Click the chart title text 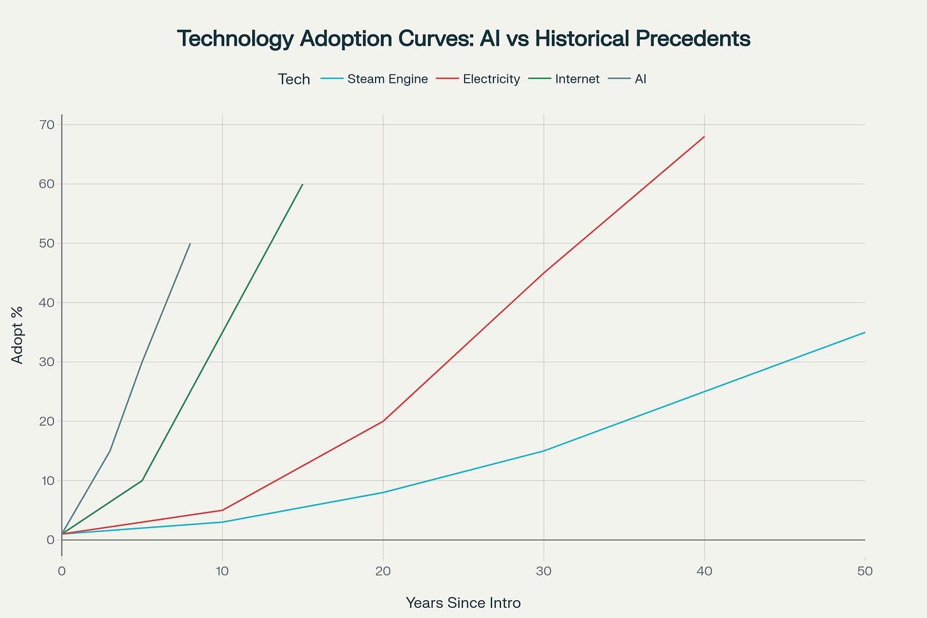(463, 39)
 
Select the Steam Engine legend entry (387, 80)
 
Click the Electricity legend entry (491, 80)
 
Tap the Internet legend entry (577, 80)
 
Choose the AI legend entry (640, 80)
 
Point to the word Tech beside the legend (294, 80)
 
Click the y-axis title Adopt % (18, 335)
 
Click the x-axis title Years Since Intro (463, 603)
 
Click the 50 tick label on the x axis (865, 571)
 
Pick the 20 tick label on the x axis (383, 571)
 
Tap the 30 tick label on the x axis (543, 571)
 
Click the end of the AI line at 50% (190, 243)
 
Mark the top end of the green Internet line (302, 184)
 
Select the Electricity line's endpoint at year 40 (704, 136)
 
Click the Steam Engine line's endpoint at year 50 (865, 332)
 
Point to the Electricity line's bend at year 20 (383, 421)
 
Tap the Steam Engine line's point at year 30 (543, 451)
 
